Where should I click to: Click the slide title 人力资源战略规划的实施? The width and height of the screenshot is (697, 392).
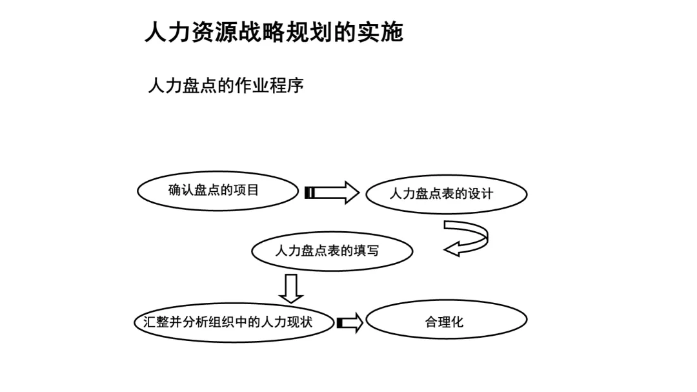pyautogui.click(x=274, y=32)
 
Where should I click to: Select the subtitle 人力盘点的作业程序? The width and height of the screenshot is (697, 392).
pyautogui.click(x=225, y=86)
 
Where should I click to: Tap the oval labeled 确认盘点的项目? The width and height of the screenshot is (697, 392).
pyautogui.click(x=217, y=191)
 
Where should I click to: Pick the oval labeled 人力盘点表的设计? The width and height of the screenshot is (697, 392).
pyautogui.click(x=446, y=194)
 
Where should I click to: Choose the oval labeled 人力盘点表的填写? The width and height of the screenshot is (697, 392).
pyautogui.click(x=332, y=251)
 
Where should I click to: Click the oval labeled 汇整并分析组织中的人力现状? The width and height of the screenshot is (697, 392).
pyautogui.click(x=234, y=322)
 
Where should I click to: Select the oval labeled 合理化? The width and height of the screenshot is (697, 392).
pyautogui.click(x=446, y=320)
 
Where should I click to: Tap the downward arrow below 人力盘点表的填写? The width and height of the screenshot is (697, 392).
pyautogui.click(x=291, y=288)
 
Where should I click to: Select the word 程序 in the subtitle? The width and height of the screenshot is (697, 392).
pyautogui.click(x=286, y=86)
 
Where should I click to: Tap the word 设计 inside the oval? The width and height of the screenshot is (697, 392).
pyautogui.click(x=480, y=194)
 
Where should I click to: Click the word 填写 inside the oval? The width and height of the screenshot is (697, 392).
pyautogui.click(x=366, y=251)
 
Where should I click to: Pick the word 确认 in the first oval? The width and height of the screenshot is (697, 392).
pyautogui.click(x=181, y=191)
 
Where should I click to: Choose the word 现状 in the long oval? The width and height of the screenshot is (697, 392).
pyautogui.click(x=299, y=322)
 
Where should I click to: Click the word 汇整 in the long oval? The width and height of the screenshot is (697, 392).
pyautogui.click(x=156, y=322)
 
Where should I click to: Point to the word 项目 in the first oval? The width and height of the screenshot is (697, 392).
pyautogui.click(x=246, y=191)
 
